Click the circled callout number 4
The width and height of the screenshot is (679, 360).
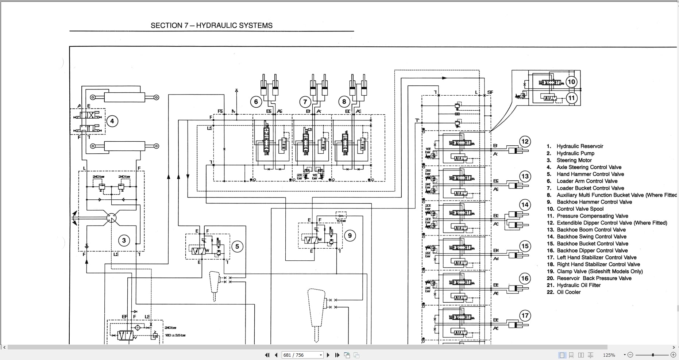(x=112, y=121)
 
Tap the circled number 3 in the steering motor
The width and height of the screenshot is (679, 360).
(x=124, y=240)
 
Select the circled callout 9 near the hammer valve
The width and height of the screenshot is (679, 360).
(x=350, y=235)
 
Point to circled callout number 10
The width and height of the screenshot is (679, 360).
(x=571, y=82)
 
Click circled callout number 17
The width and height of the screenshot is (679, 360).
(x=525, y=315)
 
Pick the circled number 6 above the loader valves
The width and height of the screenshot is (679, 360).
(x=256, y=102)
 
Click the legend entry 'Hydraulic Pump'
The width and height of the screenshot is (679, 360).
(x=575, y=153)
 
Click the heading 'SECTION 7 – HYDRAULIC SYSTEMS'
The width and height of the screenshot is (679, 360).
(x=212, y=26)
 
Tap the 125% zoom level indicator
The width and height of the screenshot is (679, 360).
(x=609, y=355)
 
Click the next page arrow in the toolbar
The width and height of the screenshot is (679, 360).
(x=328, y=355)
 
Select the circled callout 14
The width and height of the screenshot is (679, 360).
(x=525, y=205)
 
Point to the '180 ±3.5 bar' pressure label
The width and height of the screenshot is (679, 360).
(x=175, y=335)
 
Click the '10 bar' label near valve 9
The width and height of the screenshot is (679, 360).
(x=341, y=221)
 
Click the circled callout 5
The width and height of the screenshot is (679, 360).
(x=237, y=246)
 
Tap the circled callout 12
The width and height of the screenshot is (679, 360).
(x=525, y=142)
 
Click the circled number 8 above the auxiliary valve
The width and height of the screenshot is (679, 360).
(x=344, y=102)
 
